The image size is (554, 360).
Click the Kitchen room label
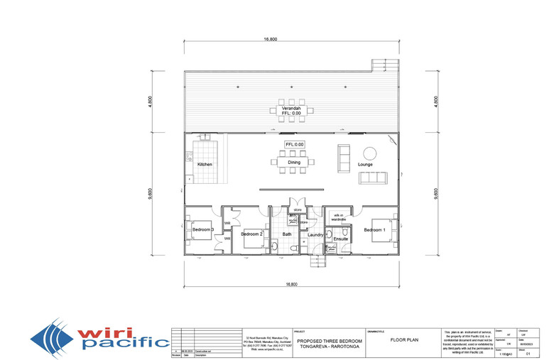[205, 164]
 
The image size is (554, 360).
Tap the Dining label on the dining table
[293, 163]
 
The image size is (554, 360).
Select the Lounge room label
[365, 164]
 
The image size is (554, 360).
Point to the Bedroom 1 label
[375, 230]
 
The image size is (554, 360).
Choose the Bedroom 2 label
[251, 234]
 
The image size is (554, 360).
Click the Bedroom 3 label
[203, 229]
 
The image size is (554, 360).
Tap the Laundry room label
[316, 234]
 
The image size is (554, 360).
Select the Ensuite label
[340, 240]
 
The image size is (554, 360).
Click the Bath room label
[287, 234]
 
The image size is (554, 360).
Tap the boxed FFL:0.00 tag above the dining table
[294, 144]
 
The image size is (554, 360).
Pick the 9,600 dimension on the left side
[151, 194]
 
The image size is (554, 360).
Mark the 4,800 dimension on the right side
[435, 101]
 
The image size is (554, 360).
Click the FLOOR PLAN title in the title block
[402, 340]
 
